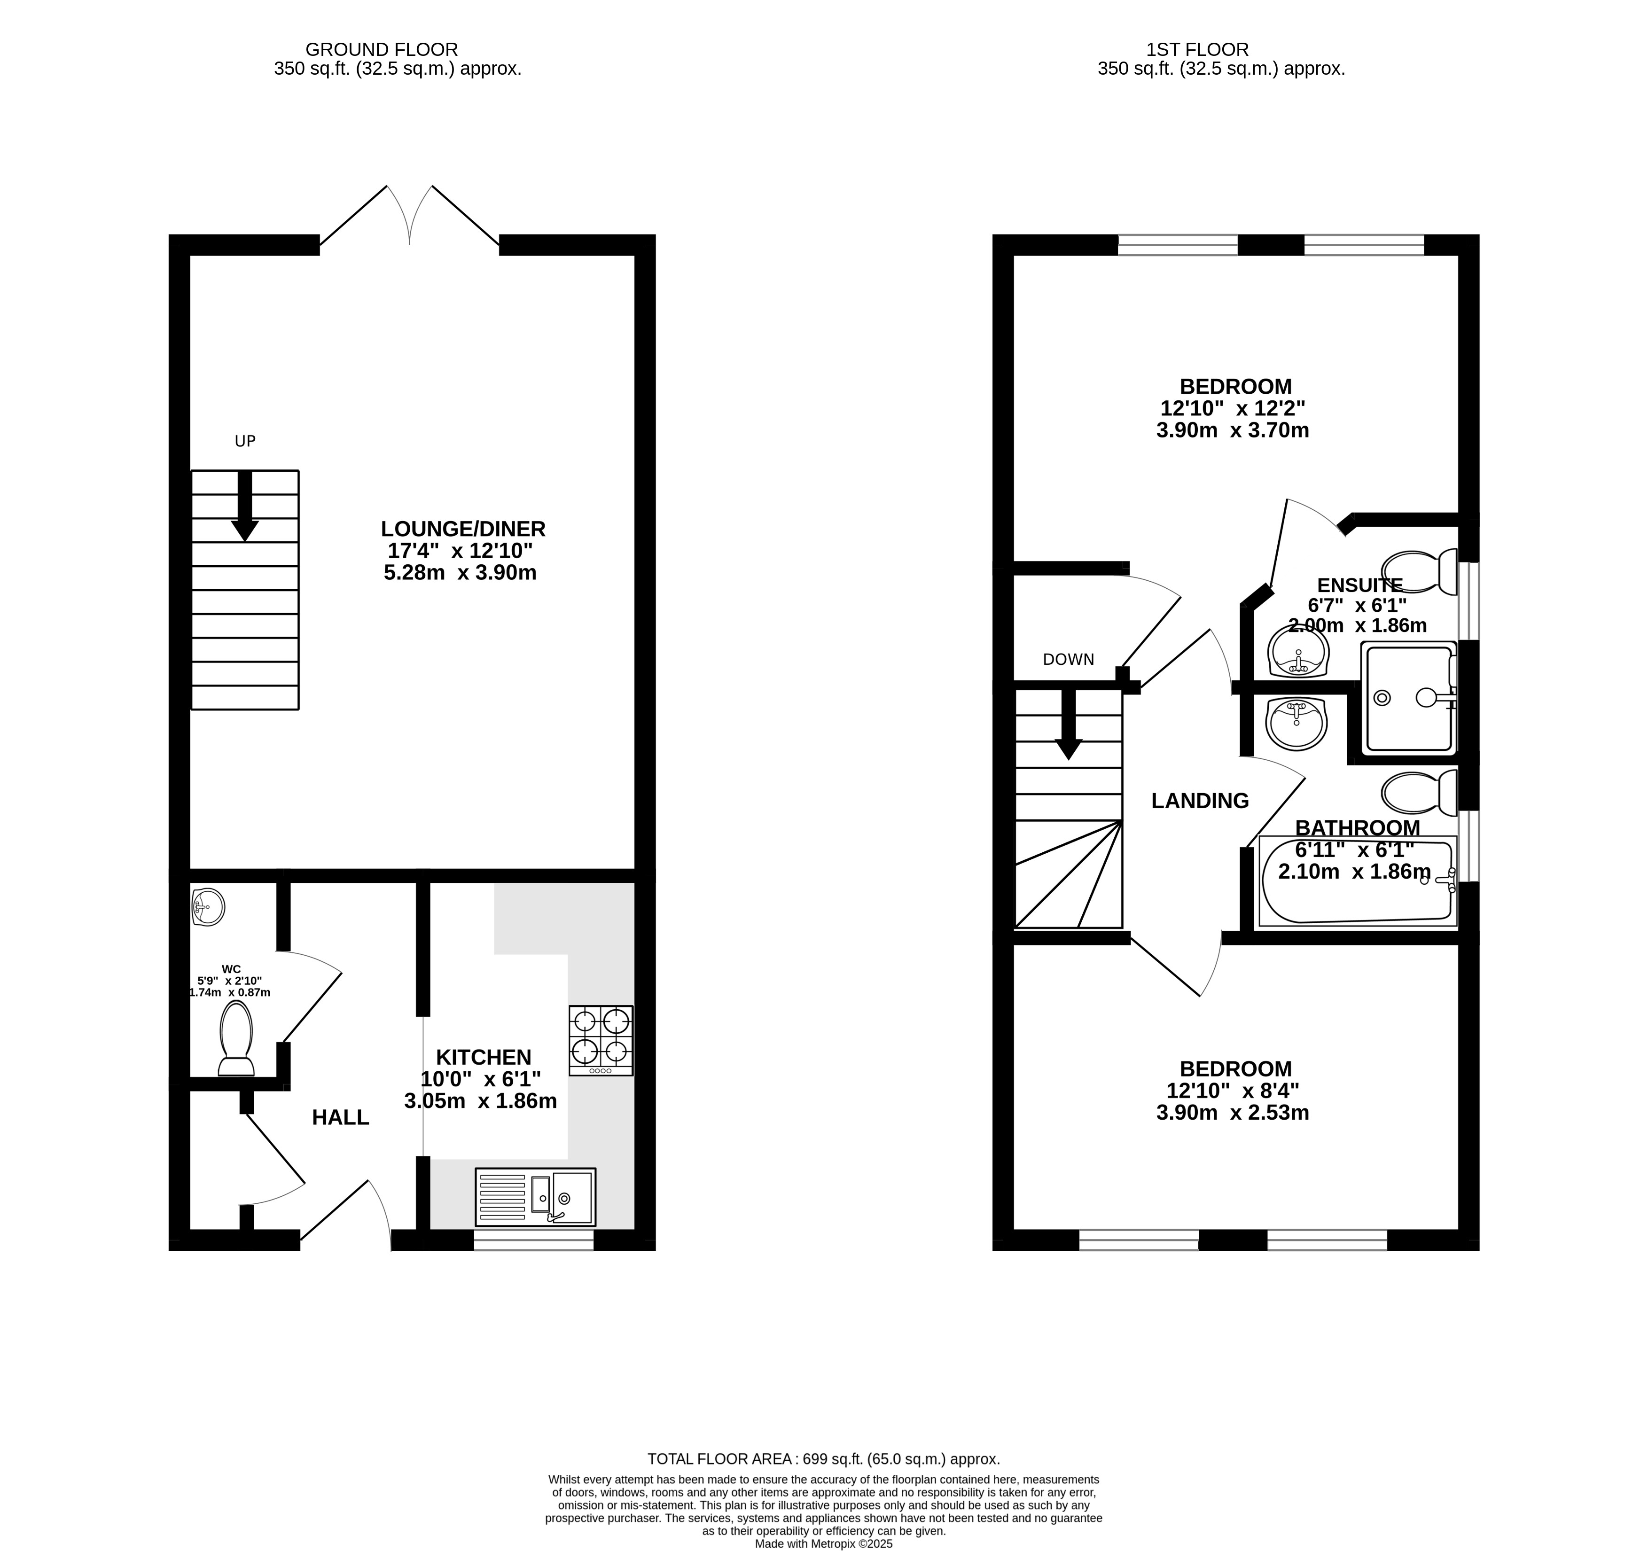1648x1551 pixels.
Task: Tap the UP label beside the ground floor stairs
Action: tap(244, 441)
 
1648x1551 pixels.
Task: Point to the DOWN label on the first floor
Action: tap(1069, 659)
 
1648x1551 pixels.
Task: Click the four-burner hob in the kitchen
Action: tap(601, 1040)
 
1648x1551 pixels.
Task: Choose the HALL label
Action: tap(341, 1117)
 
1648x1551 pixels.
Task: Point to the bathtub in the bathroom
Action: tap(1357, 880)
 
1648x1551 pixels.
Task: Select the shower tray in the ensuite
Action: tap(1408, 698)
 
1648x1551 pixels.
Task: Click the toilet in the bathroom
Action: tap(1419, 793)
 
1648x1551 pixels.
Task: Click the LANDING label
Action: tap(1200, 801)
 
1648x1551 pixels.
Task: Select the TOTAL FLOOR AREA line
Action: tap(823, 1459)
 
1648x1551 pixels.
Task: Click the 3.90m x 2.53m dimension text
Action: tap(1233, 1113)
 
